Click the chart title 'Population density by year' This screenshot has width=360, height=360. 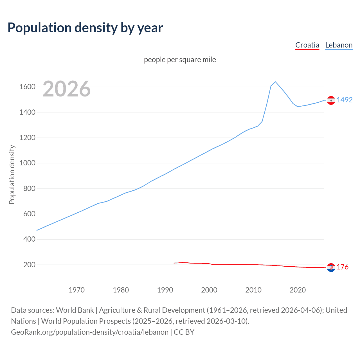pyautogui.click(x=85, y=28)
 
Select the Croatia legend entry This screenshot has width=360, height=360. pyautogui.click(x=307, y=45)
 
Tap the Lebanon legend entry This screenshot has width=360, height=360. pyautogui.click(x=339, y=45)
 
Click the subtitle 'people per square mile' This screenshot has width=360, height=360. pyautogui.click(x=180, y=60)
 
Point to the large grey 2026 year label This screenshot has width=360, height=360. pyautogui.click(x=67, y=89)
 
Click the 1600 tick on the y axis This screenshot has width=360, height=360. pyautogui.click(x=27, y=87)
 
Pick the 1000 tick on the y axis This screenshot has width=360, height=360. pyautogui.click(x=27, y=163)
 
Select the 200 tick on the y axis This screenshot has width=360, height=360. pyautogui.click(x=29, y=265)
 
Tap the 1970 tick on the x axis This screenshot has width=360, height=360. pyautogui.click(x=76, y=290)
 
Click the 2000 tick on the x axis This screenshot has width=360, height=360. pyautogui.click(x=209, y=290)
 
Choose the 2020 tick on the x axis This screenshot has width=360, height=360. pyautogui.click(x=298, y=290)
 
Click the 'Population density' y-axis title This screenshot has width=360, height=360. pyautogui.click(x=12, y=174)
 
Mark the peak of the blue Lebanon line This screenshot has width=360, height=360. pyautogui.click(x=275, y=82)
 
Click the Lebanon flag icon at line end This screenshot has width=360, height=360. pyautogui.click(x=331, y=100)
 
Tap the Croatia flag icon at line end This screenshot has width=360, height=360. pyautogui.click(x=331, y=267)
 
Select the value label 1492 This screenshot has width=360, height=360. pyautogui.click(x=345, y=100)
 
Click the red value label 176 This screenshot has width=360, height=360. pyautogui.click(x=343, y=267)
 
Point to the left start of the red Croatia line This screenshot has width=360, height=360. pyautogui.click(x=174, y=263)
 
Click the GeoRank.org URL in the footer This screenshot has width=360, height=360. pyautogui.click(x=90, y=332)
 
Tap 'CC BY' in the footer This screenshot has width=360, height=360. pyautogui.click(x=184, y=332)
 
